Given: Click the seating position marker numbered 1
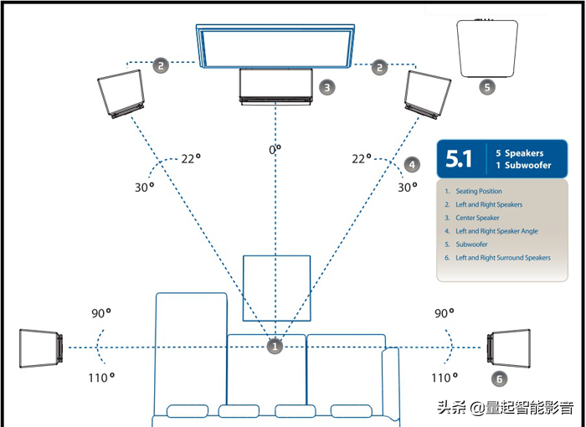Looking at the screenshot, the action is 275,347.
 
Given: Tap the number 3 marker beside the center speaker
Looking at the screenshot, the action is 327,88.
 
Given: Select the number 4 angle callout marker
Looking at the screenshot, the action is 412,164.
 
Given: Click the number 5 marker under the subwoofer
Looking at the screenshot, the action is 487,87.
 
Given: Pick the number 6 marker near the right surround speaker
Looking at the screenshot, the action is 499,378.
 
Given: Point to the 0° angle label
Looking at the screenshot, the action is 275,150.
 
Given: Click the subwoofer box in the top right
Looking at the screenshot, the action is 487,49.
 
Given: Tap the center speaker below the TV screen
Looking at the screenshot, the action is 275,87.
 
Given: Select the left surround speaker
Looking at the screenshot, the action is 41,348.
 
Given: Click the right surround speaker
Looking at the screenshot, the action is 509,348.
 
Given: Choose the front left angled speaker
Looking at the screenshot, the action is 121,94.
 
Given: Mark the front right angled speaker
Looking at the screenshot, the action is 428,95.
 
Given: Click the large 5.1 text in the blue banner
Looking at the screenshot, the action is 459,158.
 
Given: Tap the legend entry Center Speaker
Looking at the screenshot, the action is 477,218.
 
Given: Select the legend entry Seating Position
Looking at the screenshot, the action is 479,191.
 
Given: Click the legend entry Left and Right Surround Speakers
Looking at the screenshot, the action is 503,258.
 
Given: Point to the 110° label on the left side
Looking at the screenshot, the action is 101,378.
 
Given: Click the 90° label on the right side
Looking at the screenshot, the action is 444,313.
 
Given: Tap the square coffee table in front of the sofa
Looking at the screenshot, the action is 276,288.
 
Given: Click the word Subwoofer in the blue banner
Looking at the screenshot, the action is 527,165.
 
